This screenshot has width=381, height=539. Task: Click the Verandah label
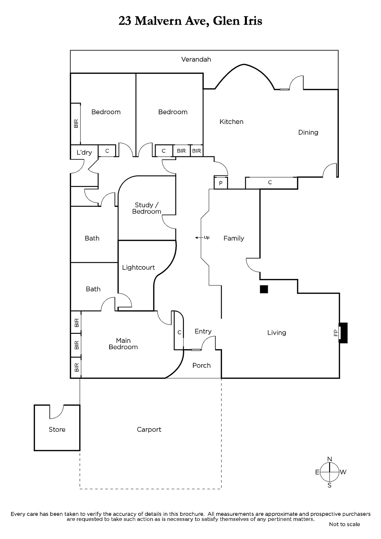(x=196, y=59)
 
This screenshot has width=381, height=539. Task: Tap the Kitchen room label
(x=231, y=122)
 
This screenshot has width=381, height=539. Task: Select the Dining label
(x=308, y=133)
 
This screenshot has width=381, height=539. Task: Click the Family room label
(x=233, y=239)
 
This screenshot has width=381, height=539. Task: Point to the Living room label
(x=277, y=333)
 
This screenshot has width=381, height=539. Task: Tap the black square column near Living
(x=264, y=289)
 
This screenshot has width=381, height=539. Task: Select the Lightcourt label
(x=138, y=267)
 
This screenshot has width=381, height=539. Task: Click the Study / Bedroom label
(x=146, y=208)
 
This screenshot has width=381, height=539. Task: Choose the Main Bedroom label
(x=123, y=344)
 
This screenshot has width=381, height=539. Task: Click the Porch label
(x=201, y=366)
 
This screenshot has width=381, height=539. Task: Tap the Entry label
(x=203, y=331)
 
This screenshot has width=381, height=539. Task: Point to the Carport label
(x=149, y=430)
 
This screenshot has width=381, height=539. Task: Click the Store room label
(x=57, y=430)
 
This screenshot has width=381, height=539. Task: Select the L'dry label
(x=84, y=153)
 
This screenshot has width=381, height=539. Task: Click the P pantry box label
(x=220, y=184)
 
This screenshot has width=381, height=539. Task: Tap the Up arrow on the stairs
(x=199, y=238)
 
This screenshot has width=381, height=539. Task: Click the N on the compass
(x=329, y=459)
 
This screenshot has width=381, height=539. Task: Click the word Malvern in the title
(x=158, y=21)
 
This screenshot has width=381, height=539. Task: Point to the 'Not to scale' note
(x=344, y=524)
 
